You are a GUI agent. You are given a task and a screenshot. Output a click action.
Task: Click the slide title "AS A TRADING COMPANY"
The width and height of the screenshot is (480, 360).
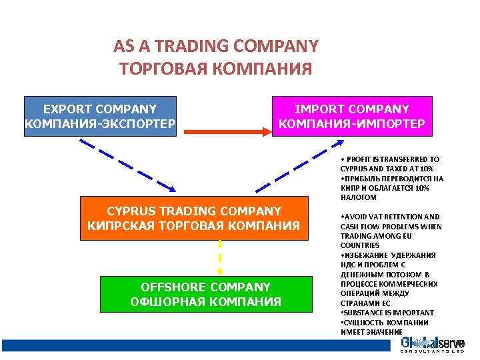(215, 47)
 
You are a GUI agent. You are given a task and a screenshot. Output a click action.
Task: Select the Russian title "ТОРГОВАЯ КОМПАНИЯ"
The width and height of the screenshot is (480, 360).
(215, 69)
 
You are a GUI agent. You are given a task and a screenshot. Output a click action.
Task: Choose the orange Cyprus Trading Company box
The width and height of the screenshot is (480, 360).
(193, 218)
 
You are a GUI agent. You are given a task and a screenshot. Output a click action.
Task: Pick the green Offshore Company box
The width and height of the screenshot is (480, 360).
(205, 294)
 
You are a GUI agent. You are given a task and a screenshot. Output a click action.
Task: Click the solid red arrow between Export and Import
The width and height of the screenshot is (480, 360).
(227, 131)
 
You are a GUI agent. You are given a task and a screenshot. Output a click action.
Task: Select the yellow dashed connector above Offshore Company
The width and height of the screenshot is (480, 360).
(219, 257)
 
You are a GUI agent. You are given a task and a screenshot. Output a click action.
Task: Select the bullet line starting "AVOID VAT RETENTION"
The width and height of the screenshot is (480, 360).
(391, 217)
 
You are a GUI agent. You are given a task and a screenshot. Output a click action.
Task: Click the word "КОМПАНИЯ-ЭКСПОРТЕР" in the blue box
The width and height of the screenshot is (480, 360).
(100, 124)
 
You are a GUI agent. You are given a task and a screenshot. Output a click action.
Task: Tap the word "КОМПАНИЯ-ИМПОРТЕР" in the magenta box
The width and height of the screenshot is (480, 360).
(352, 124)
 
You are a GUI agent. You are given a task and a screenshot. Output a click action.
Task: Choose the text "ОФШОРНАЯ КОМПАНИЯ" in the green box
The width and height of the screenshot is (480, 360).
(205, 302)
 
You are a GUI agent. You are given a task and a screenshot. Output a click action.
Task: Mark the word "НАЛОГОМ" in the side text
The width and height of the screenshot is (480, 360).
(358, 198)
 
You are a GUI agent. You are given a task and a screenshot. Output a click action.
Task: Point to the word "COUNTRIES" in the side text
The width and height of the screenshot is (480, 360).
(360, 245)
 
